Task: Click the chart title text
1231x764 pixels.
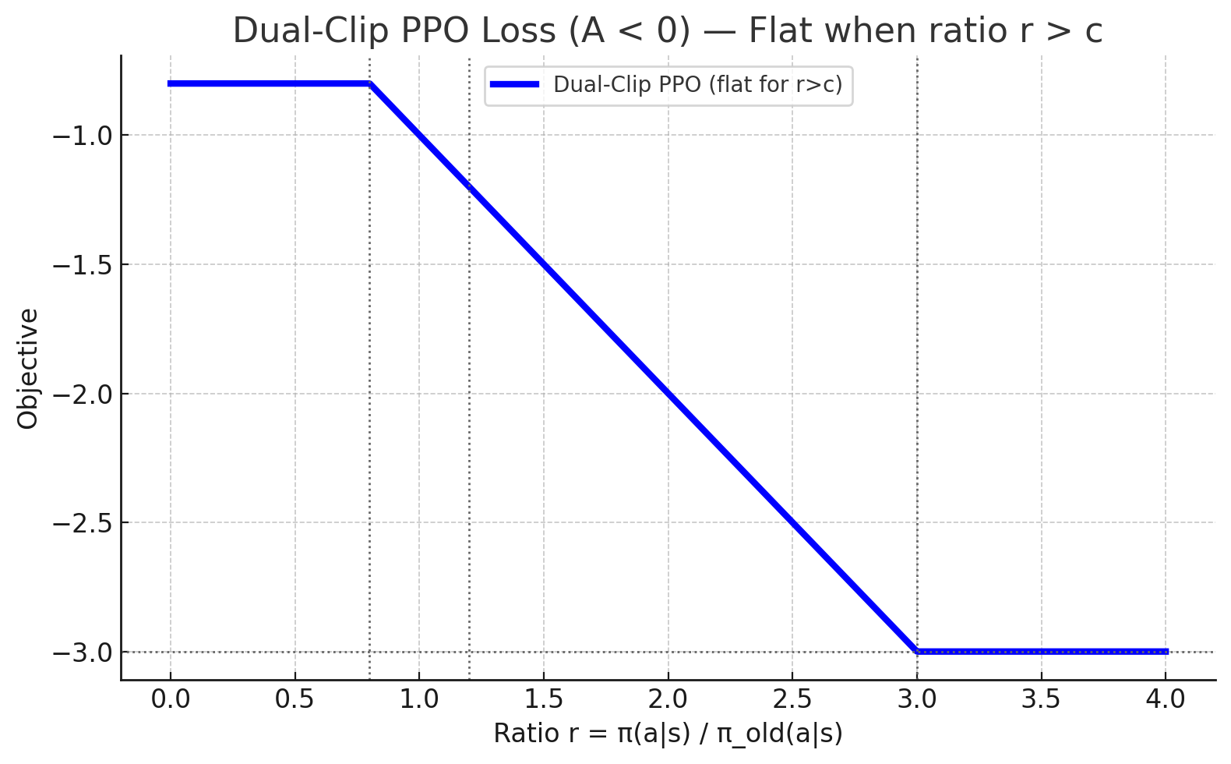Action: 668,31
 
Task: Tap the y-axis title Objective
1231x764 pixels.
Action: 28,369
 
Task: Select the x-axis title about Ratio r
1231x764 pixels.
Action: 668,734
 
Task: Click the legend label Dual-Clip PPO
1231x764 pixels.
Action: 697,84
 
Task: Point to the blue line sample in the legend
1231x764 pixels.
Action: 515,84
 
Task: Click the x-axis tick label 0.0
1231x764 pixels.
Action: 171,699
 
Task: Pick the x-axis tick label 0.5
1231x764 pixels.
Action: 295,699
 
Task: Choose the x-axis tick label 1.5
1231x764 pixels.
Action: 544,699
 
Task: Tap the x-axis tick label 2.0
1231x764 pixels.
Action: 668,699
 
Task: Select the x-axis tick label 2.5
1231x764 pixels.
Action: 792,699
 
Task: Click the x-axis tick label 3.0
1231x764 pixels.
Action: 917,699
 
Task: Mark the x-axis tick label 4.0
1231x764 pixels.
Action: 1166,699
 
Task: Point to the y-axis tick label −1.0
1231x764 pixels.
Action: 82,136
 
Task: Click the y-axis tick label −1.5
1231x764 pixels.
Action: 82,265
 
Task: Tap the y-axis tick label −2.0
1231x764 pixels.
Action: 82,394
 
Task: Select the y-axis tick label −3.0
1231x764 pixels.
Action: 82,652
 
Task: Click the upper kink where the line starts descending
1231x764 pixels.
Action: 369,83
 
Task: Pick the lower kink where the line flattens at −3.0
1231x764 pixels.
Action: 917,651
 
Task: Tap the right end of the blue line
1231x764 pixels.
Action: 1166,651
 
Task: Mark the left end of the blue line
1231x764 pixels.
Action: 170,83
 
